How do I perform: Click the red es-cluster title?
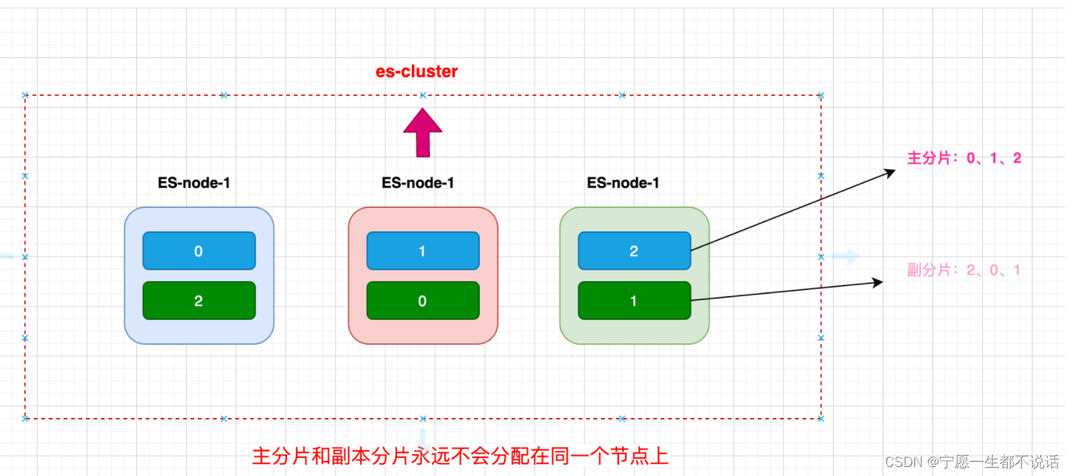416,72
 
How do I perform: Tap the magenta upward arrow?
423,133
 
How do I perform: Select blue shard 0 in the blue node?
199,251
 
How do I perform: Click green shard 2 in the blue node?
199,301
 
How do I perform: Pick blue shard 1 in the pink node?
423,251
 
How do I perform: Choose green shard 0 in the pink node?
423,301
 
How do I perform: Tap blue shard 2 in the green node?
634,251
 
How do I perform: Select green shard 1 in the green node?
634,301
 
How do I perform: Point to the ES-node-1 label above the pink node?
418,183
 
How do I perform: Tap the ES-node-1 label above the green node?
623,183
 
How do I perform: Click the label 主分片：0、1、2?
964,159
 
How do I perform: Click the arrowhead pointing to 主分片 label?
889,172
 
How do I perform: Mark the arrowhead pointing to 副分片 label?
877,282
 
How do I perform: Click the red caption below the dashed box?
460,456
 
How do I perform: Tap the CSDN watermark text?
972,461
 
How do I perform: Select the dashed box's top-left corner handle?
25,96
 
